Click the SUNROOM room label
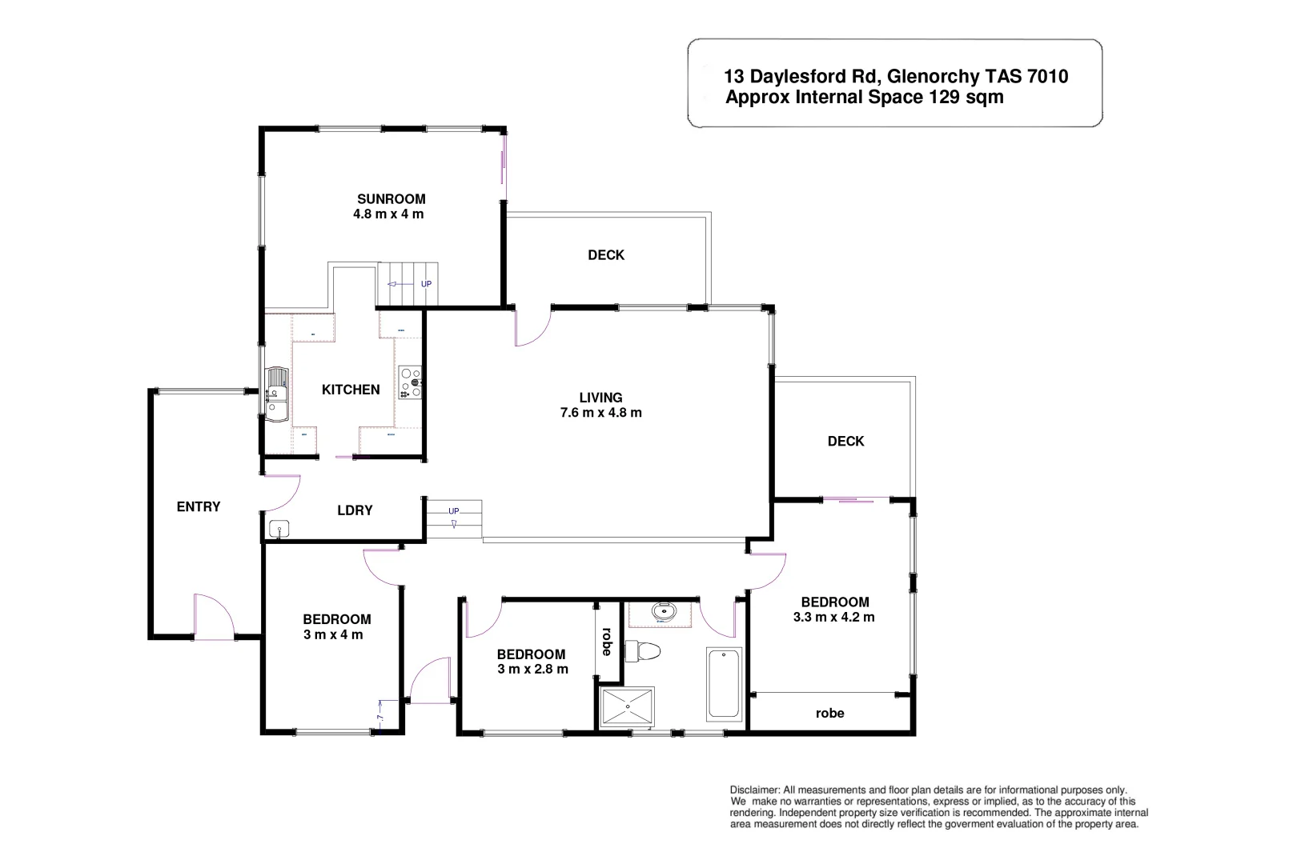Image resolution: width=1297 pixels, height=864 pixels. pos(391,199)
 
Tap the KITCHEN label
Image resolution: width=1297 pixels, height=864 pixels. pos(351,390)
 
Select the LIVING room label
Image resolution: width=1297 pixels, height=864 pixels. pos(600,398)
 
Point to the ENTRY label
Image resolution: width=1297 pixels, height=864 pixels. pos(199,506)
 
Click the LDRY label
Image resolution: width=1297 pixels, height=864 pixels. pos(355,510)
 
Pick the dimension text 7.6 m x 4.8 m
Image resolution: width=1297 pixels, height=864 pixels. pos(600,413)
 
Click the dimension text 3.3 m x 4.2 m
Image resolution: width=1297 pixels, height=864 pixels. pos(833,617)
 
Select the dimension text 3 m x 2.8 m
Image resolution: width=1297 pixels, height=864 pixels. pos(532,669)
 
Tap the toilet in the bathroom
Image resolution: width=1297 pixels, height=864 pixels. pos(643,651)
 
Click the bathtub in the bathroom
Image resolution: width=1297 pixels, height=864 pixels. pos(724,683)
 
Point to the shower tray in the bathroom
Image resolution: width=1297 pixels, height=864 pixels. pos(627,707)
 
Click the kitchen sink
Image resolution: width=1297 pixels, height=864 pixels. pos(276,394)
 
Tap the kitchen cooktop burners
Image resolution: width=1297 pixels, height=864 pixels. pos(410,382)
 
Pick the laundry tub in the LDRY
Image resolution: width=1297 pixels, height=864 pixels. pos(279,528)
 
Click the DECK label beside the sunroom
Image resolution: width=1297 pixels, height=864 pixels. pos(606,255)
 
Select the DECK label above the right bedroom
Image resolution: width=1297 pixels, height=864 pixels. pos(845,441)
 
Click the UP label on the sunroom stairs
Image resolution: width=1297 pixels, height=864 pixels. pos(426,284)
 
